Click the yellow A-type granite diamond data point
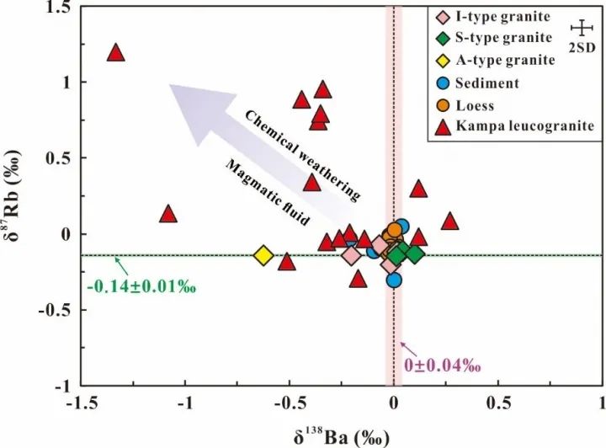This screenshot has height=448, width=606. [x=263, y=255]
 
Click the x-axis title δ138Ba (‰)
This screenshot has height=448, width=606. [x=340, y=436]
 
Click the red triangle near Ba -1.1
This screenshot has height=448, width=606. [x=168, y=214]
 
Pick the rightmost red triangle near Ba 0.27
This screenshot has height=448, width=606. [x=449, y=221]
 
